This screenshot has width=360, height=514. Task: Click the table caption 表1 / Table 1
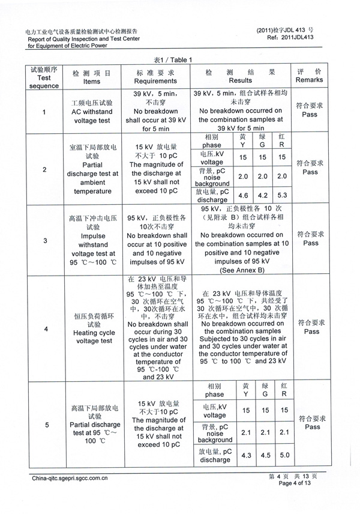pyautogui.click(x=173, y=59)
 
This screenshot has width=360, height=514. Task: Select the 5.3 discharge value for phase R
pyautogui.click(x=284, y=195)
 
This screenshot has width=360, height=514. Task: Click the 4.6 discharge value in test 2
pyautogui.click(x=243, y=195)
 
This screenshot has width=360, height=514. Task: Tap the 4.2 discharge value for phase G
pyautogui.click(x=263, y=195)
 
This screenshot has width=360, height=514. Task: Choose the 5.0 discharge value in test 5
pyautogui.click(x=284, y=456)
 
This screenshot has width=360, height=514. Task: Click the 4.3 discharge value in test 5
pyautogui.click(x=245, y=456)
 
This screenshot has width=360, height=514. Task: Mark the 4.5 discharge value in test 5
pyautogui.click(x=265, y=456)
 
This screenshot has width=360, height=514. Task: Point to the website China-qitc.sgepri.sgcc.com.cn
pyautogui.click(x=70, y=479)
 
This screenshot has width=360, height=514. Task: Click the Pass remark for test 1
pyautogui.click(x=310, y=114)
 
